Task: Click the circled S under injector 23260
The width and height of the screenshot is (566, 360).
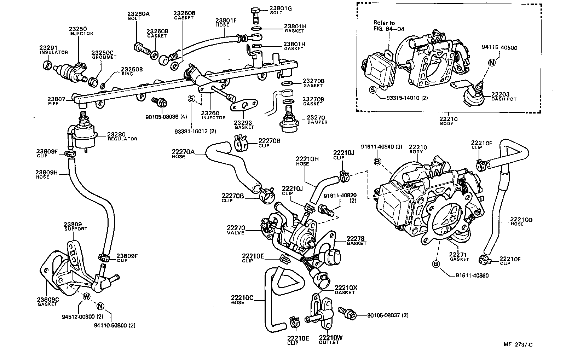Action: point(191,99)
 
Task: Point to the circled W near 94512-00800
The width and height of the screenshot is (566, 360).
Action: point(86,297)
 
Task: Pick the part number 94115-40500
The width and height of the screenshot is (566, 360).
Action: point(499,48)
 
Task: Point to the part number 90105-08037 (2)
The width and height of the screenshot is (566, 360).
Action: point(388,315)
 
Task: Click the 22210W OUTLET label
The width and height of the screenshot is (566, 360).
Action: point(330,340)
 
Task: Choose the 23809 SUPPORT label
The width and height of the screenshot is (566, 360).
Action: point(75,226)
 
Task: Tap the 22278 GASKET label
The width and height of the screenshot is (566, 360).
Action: point(356,241)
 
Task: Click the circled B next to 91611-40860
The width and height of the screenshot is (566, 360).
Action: point(436,264)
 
